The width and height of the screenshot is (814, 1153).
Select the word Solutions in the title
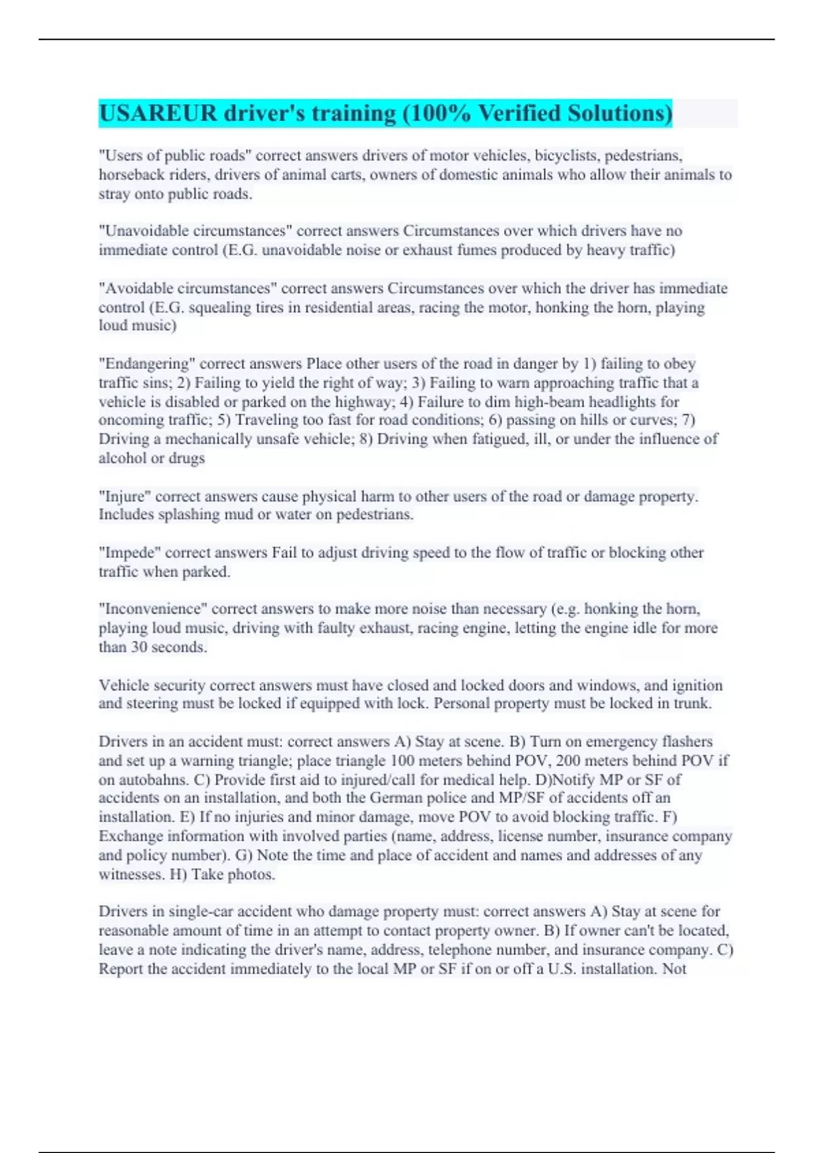617,113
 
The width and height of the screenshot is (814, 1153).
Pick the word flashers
686,742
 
